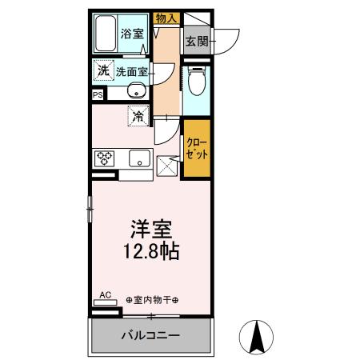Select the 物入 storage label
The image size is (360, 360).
[x=166, y=18]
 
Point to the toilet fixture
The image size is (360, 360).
[x=196, y=81]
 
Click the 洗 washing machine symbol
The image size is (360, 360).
[x=103, y=71]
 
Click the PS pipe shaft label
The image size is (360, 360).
[x=98, y=94]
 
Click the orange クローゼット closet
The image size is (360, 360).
[x=197, y=149]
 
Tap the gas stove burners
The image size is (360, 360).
[x=104, y=158]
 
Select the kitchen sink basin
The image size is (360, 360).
[x=139, y=158]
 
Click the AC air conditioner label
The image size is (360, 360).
[x=105, y=294]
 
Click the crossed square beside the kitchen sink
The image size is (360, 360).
[x=166, y=166]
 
